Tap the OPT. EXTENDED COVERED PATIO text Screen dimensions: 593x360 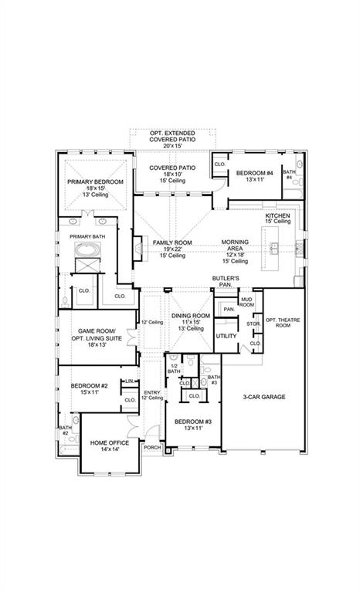point(172,137)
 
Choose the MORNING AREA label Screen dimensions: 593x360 point(235,245)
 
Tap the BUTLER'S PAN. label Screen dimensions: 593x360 point(226,280)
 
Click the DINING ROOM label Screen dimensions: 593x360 point(190,316)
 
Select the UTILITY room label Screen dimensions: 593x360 point(226,336)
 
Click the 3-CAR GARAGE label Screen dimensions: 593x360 point(265,397)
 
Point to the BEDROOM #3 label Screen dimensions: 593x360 point(192,421)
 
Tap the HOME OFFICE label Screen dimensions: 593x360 point(110,442)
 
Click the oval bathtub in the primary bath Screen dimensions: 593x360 point(87,251)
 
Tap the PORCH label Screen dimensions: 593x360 point(151,447)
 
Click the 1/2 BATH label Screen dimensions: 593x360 point(174,369)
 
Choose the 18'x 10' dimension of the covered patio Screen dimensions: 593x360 point(172,175)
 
